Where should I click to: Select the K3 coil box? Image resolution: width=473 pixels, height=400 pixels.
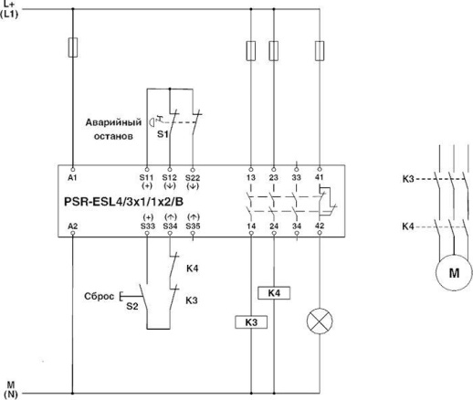[251, 321]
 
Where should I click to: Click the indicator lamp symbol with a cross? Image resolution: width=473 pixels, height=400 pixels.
[321, 321]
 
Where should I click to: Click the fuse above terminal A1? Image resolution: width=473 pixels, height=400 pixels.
[71, 48]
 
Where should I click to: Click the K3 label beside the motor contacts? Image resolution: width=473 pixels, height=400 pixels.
[409, 180]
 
